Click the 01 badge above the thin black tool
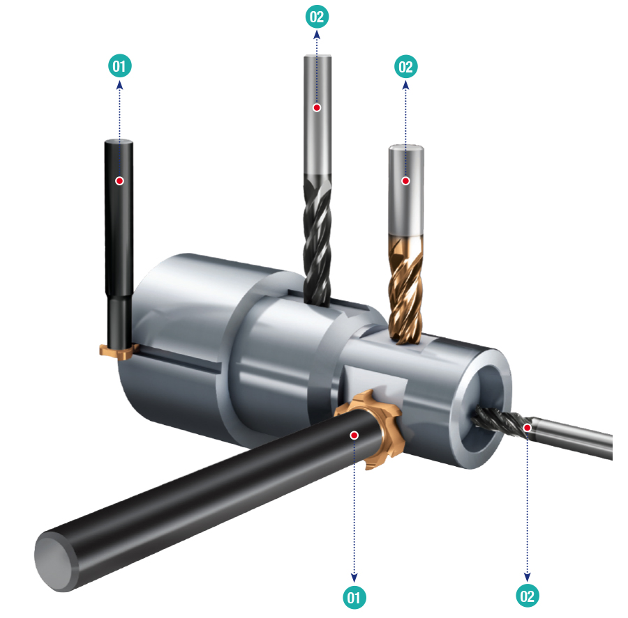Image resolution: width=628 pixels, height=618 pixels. click(120, 66)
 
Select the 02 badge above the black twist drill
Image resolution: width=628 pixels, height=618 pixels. click(317, 17)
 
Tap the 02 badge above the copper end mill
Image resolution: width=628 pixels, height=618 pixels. click(405, 67)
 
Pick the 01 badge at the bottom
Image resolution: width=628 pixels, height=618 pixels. click(354, 598)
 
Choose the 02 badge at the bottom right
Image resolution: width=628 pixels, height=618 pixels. click(527, 596)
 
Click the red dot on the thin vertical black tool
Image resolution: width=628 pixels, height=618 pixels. click(119, 180)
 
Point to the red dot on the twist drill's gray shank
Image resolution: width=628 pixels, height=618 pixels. click(317, 107)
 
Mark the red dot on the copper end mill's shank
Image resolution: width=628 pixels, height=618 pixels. click(405, 180)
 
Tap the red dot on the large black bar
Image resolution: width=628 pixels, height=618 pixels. click(354, 435)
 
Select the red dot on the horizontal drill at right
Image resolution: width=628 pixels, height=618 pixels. click(527, 428)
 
